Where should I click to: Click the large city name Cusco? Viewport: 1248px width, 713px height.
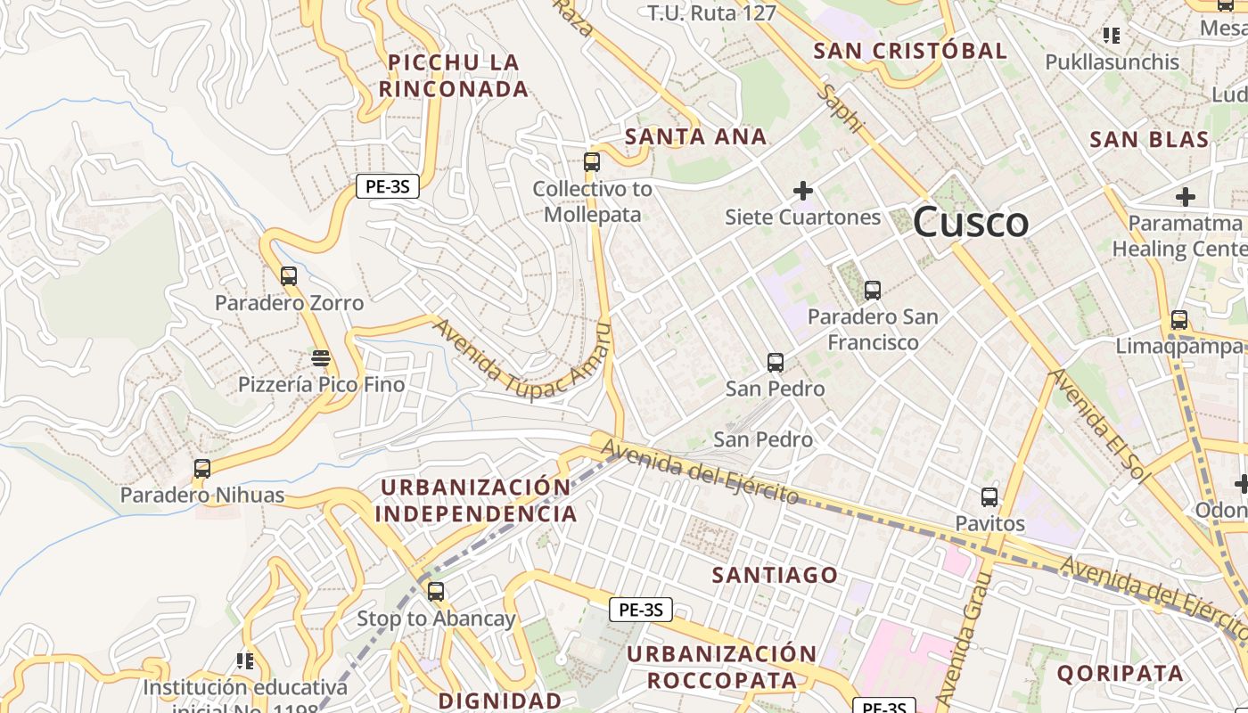[971, 222]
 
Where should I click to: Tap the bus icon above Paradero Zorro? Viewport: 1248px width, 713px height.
[289, 276]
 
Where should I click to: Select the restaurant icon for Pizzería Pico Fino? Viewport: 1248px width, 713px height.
[321, 358]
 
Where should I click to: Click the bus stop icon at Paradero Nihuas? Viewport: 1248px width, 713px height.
[202, 469]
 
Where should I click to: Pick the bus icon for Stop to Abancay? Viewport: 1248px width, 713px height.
[436, 592]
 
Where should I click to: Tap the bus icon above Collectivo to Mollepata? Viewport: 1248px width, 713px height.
[592, 162]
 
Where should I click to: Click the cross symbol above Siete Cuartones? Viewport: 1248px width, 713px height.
[803, 191]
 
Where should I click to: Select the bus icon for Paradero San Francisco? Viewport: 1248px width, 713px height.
[873, 291]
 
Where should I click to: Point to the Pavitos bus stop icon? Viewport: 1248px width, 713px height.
[989, 497]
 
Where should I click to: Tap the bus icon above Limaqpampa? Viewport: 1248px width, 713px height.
[1179, 320]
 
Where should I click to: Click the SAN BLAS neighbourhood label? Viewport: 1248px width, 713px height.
[1149, 140]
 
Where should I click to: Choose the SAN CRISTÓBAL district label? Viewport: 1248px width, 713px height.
[910, 51]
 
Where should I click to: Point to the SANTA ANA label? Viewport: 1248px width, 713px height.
[695, 137]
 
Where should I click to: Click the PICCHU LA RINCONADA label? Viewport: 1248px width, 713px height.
[454, 76]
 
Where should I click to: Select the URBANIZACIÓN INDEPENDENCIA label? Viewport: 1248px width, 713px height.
[476, 501]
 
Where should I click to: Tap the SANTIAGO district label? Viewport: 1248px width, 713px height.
[775, 576]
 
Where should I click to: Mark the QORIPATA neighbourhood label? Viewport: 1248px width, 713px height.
[1121, 674]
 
